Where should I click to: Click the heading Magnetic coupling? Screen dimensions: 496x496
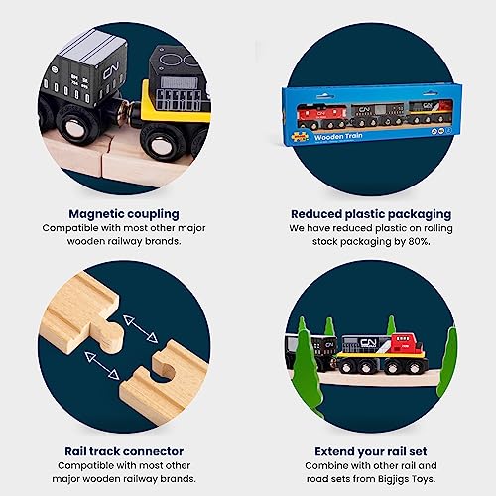click(124, 212)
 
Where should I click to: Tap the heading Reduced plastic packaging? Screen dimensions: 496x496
click(371, 212)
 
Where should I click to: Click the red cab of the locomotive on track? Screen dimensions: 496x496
click(402, 344)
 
